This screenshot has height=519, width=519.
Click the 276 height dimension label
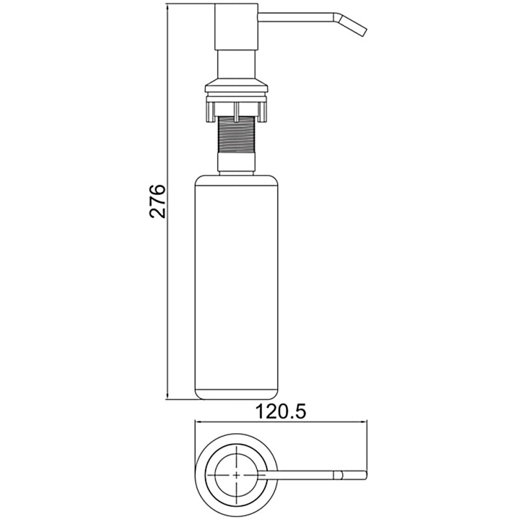pos(157,201)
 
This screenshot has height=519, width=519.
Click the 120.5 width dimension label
pos(282,412)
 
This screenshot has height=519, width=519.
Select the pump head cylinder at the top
pos(236,27)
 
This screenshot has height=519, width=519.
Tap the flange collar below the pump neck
pos(236,86)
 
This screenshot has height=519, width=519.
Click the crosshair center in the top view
pos(237,475)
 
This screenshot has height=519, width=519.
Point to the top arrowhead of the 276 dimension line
pos(168,6)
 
